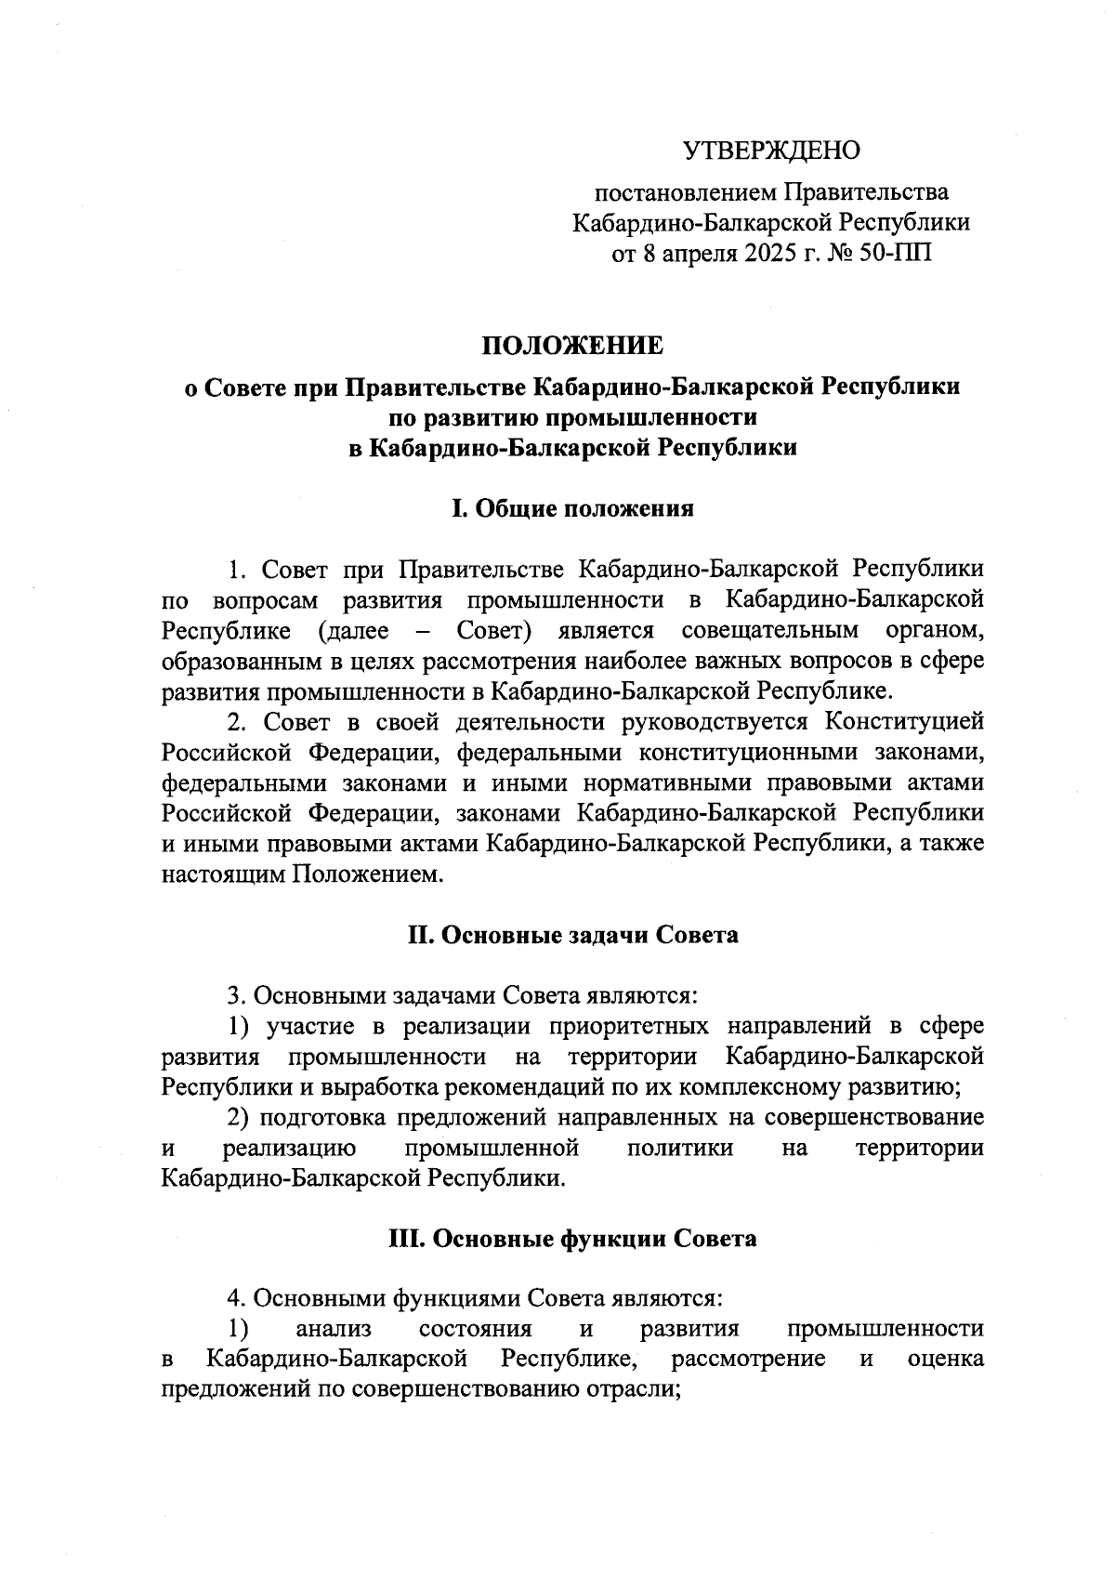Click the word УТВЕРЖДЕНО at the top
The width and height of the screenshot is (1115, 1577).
tap(771, 151)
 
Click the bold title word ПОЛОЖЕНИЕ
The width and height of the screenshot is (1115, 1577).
tap(572, 346)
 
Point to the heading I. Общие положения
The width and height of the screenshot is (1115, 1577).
tap(572, 508)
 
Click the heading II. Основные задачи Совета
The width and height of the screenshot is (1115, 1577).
tap(572, 935)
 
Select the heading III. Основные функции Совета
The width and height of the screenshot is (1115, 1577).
tap(572, 1239)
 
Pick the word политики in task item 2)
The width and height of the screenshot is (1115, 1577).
tap(680, 1149)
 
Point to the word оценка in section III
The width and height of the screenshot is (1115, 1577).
tap(945, 1360)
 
